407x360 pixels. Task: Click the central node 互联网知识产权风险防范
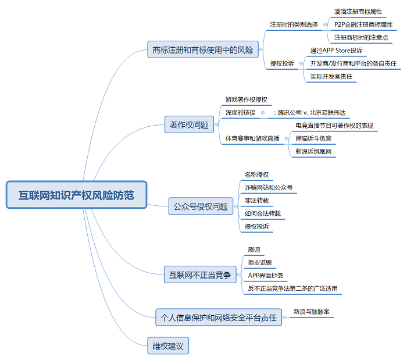coord(76,195)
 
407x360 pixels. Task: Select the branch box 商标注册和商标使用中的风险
coord(203,50)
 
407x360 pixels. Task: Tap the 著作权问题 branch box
coord(189,124)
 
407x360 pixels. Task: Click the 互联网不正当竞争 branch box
coord(199,275)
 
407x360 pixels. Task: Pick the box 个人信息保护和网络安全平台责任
coord(218,318)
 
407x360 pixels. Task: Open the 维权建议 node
coord(168,347)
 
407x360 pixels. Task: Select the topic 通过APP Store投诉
coord(336,51)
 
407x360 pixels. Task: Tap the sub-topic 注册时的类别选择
coord(294,24)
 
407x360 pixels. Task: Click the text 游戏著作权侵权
coord(247,100)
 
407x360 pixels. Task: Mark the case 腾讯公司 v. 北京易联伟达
coord(312,113)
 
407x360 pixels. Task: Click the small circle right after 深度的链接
coord(262,113)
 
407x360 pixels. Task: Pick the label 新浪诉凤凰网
coord(314,151)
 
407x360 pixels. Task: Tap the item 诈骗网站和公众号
coord(268,188)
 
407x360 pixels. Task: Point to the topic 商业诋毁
coord(259,262)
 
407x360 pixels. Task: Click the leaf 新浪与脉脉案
coord(312,311)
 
